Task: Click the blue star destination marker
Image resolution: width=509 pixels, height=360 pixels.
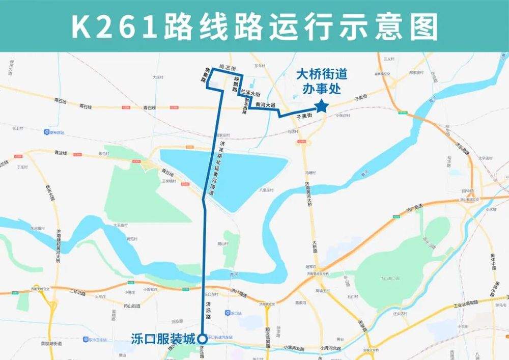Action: click(322, 106)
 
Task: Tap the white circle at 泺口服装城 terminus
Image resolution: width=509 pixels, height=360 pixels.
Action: click(202, 338)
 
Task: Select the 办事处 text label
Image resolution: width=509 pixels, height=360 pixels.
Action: click(322, 88)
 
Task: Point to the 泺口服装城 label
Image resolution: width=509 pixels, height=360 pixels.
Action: click(163, 338)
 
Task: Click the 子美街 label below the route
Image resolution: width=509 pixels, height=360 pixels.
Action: click(304, 117)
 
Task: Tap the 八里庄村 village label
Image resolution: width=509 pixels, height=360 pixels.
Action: click(266, 190)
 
